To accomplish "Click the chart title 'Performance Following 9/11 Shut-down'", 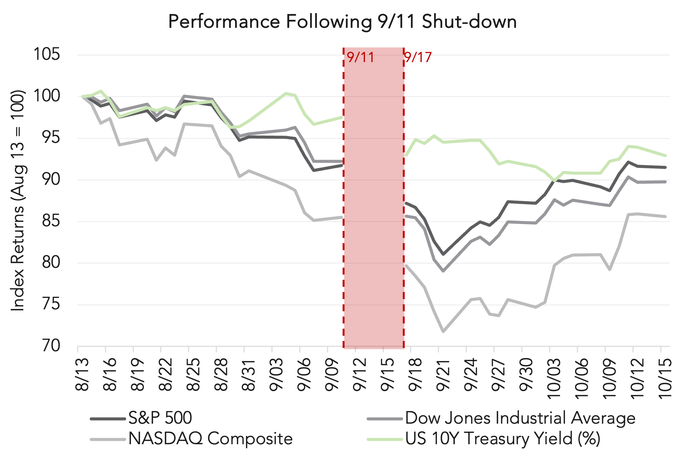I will click(342, 22).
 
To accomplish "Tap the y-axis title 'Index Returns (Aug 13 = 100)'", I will click(18, 200).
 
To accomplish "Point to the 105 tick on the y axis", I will click(47, 54).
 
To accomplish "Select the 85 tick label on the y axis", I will click(51, 221).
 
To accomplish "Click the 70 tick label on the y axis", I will click(51, 346).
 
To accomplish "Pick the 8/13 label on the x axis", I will click(82, 375).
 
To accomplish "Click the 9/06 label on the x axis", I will click(304, 375).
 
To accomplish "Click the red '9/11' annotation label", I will click(360, 58).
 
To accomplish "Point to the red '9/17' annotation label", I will click(418, 58).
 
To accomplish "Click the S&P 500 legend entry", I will click(160, 418).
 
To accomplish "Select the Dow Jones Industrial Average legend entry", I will click(520, 418).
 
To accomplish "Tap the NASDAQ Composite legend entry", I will click(210, 439).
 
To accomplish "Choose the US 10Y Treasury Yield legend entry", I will click(502, 439).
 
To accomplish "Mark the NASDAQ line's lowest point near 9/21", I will click(443, 331).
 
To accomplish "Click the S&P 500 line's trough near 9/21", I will click(443, 254).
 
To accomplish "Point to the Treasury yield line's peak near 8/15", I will click(101, 91).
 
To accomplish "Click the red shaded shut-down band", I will click(374, 198).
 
